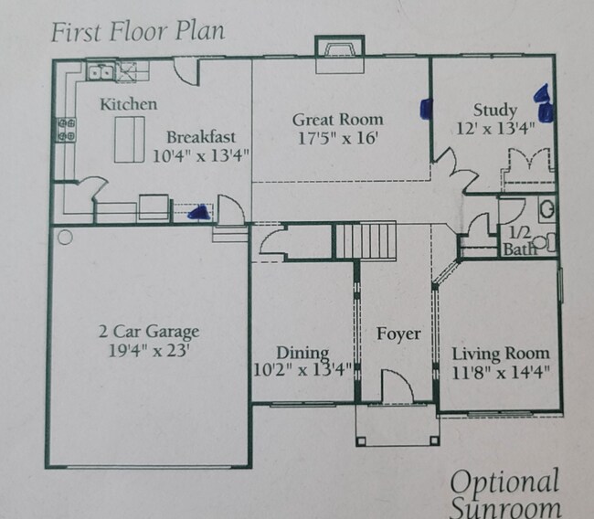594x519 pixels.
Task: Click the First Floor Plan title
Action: (x=137, y=31)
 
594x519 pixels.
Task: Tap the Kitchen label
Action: (x=128, y=104)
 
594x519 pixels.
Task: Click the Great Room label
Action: (x=337, y=120)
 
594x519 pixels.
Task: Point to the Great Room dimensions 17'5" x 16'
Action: (x=337, y=139)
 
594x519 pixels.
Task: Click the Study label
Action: (x=494, y=111)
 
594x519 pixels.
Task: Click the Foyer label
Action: (x=398, y=334)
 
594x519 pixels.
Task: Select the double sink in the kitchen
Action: (x=101, y=69)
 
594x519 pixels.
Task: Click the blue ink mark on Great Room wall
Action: (x=425, y=109)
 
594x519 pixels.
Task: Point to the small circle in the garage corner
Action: (x=65, y=238)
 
